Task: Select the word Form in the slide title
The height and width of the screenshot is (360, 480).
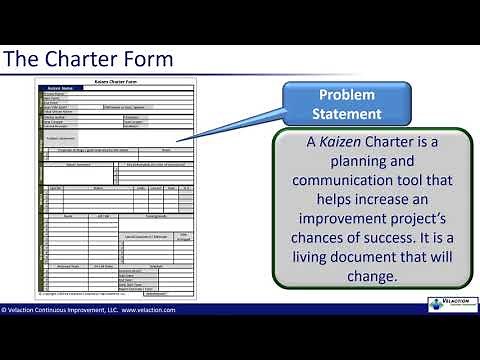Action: click(148, 59)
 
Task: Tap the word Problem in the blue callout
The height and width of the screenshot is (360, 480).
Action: click(347, 94)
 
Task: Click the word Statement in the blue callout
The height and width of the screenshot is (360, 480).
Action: click(347, 114)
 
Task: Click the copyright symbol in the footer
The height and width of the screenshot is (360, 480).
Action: click(4, 310)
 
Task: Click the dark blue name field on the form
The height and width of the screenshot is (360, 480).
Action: click(72, 88)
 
